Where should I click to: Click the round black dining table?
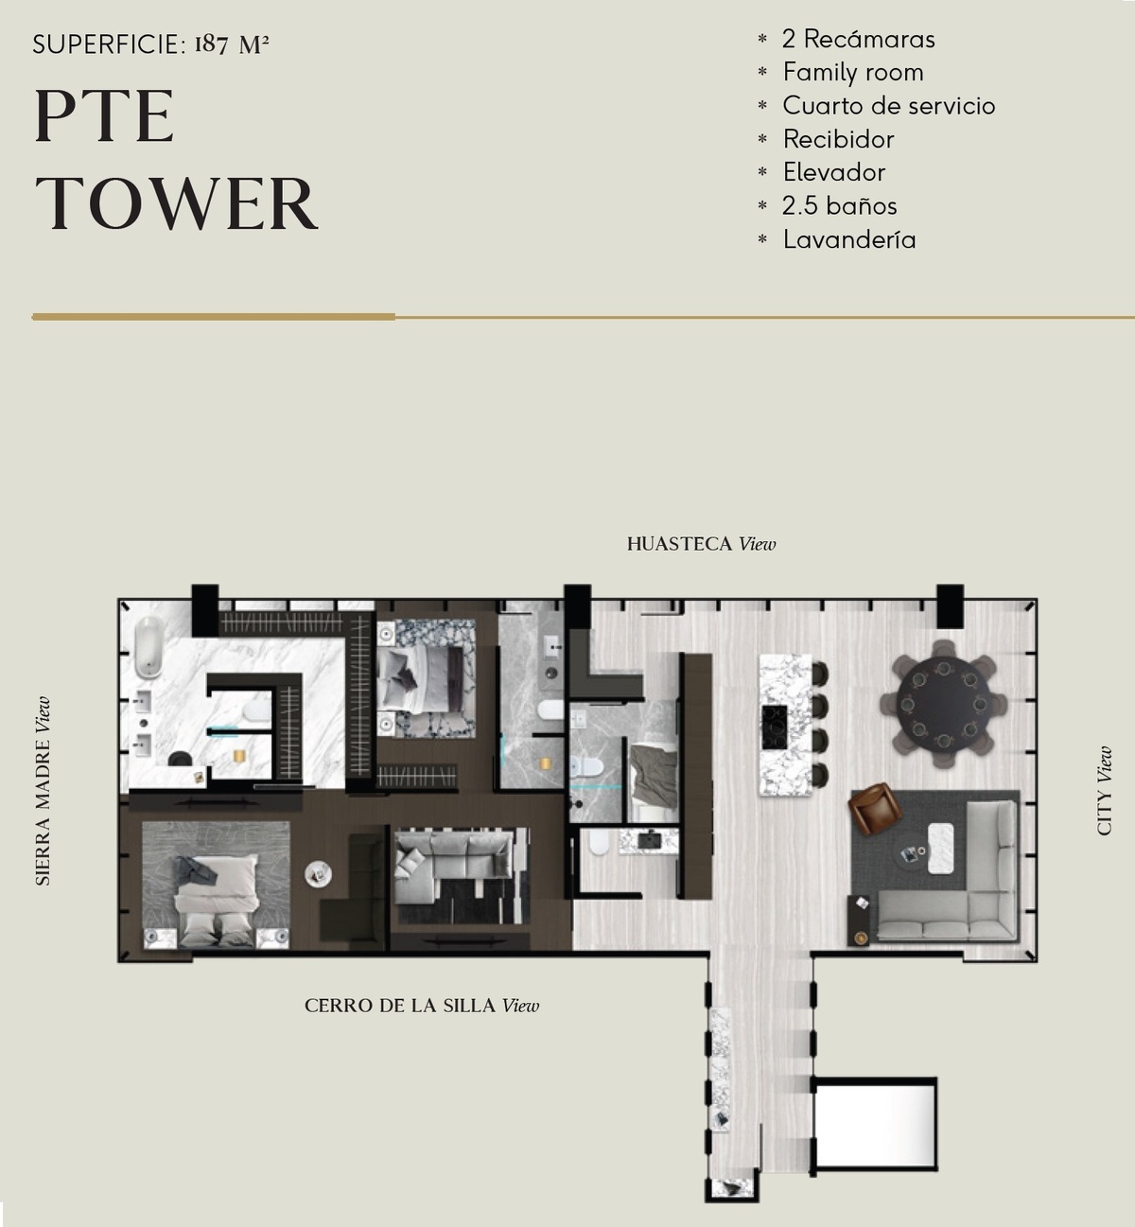tap(943, 703)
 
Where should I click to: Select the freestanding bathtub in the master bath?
tap(148, 647)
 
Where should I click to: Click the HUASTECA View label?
tap(701, 544)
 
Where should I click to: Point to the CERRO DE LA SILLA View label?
tap(422, 1006)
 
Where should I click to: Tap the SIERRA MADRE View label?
tap(42, 792)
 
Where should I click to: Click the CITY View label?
tap(1104, 791)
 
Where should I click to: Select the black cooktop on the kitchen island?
tap(775, 727)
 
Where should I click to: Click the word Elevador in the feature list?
tap(834, 172)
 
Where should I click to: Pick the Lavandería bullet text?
tap(849, 239)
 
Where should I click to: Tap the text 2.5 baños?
tap(839, 205)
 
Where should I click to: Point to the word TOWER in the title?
tap(176, 203)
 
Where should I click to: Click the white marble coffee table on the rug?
tap(940, 849)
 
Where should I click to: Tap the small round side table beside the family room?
tap(318, 873)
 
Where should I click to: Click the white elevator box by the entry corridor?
tap(874, 1124)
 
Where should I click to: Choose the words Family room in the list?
tap(853, 72)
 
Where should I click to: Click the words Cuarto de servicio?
tap(888, 106)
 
